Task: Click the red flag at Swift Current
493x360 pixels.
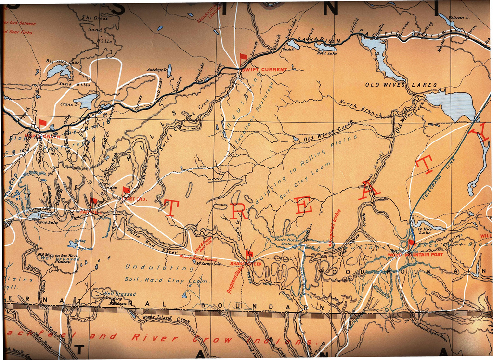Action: (x=243, y=57)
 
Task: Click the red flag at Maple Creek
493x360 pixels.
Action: (x=43, y=123)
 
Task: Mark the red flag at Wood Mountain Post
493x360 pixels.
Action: (x=411, y=243)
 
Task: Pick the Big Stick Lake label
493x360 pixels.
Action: (x=63, y=62)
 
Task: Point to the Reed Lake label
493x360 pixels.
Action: (x=326, y=53)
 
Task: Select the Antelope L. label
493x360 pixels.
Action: (x=156, y=69)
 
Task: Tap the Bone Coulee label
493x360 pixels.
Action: (x=108, y=185)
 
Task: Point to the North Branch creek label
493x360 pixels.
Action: (x=361, y=109)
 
